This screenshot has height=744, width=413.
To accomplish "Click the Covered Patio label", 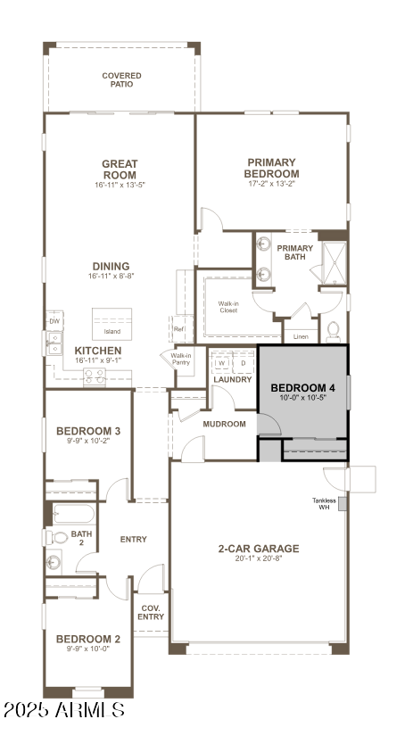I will [x=121, y=79].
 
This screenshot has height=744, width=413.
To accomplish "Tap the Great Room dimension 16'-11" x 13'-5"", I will [x=119, y=186].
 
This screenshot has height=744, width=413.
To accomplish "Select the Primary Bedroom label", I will [x=272, y=168].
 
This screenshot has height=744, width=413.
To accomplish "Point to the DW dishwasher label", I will [x=54, y=321].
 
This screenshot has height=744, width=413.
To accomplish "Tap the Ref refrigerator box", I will [x=179, y=329].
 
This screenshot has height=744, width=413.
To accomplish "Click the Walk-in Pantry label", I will [x=181, y=359].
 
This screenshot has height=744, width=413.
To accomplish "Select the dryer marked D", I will [x=243, y=363].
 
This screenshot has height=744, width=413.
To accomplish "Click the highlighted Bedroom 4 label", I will [x=302, y=387].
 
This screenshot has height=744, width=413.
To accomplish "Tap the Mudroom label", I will [x=224, y=424].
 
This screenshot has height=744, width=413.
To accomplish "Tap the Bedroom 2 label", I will [x=88, y=639].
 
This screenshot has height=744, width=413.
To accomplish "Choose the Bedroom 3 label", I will [x=88, y=431].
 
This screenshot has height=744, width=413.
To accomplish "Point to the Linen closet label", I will [x=301, y=337].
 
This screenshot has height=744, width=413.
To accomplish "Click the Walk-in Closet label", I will [x=228, y=306].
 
